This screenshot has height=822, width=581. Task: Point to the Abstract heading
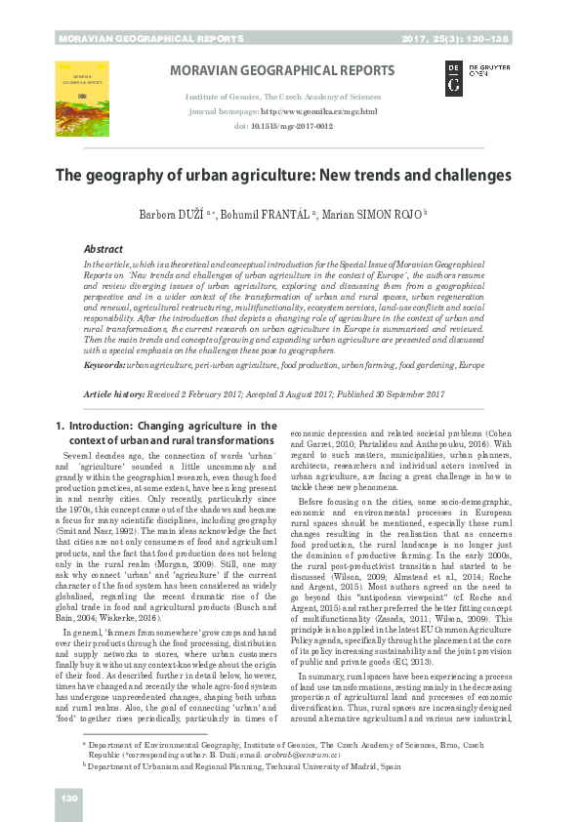103,250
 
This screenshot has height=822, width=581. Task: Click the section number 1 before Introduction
60,427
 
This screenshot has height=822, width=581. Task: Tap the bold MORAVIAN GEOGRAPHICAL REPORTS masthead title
283,71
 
